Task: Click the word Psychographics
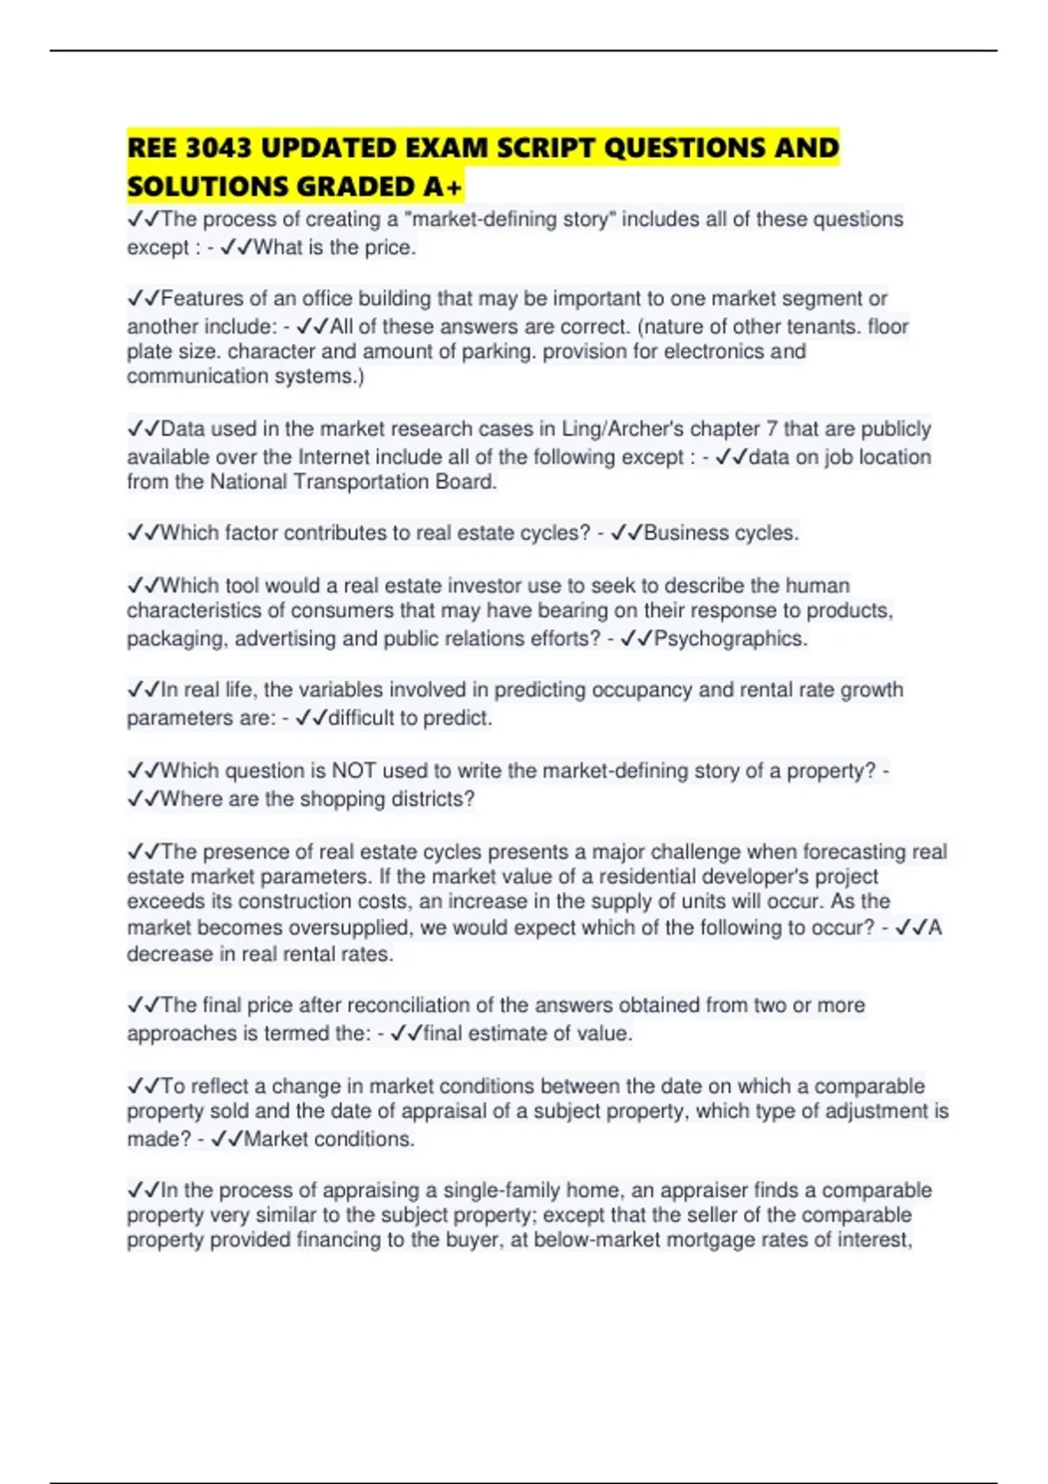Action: (730, 638)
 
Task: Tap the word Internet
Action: (334, 457)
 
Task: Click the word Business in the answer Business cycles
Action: (683, 532)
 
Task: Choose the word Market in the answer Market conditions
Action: (275, 1139)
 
